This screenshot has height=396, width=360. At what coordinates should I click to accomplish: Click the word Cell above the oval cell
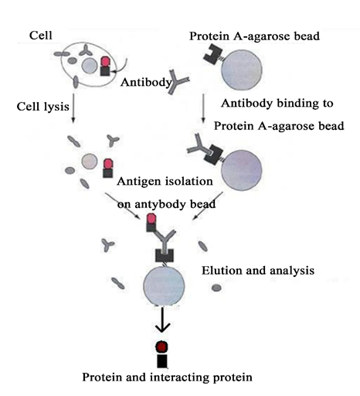[x=41, y=36]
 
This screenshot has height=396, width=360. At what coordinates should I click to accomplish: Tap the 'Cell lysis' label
[x=43, y=107]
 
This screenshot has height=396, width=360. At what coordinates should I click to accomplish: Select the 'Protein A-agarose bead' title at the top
[x=254, y=36]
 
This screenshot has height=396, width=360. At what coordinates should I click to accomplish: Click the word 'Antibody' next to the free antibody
[x=146, y=82]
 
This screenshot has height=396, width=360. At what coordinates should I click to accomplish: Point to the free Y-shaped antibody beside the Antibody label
[x=178, y=81]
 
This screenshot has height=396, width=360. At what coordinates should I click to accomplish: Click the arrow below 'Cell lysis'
[x=73, y=108]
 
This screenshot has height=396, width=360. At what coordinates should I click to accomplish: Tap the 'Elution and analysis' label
[x=258, y=271]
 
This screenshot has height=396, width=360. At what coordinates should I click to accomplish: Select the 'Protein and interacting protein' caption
[x=167, y=377]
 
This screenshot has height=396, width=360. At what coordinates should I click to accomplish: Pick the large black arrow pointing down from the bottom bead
[x=162, y=319]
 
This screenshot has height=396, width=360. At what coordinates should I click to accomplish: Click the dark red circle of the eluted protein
[x=162, y=346]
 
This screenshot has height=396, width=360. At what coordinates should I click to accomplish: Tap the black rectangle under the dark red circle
[x=162, y=361]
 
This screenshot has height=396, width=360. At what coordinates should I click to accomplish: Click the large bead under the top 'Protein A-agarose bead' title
[x=242, y=70]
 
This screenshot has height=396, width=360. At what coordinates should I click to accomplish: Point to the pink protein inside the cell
[x=105, y=62]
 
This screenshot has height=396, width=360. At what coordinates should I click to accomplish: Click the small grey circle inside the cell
[x=90, y=66]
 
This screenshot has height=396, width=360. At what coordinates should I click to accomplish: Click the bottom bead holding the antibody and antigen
[x=164, y=286]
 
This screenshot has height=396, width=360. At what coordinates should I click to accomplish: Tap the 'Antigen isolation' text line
[x=165, y=182]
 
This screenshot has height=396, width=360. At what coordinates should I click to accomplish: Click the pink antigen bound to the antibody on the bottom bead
[x=151, y=219]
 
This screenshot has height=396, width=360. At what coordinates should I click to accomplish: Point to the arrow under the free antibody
[x=203, y=108]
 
